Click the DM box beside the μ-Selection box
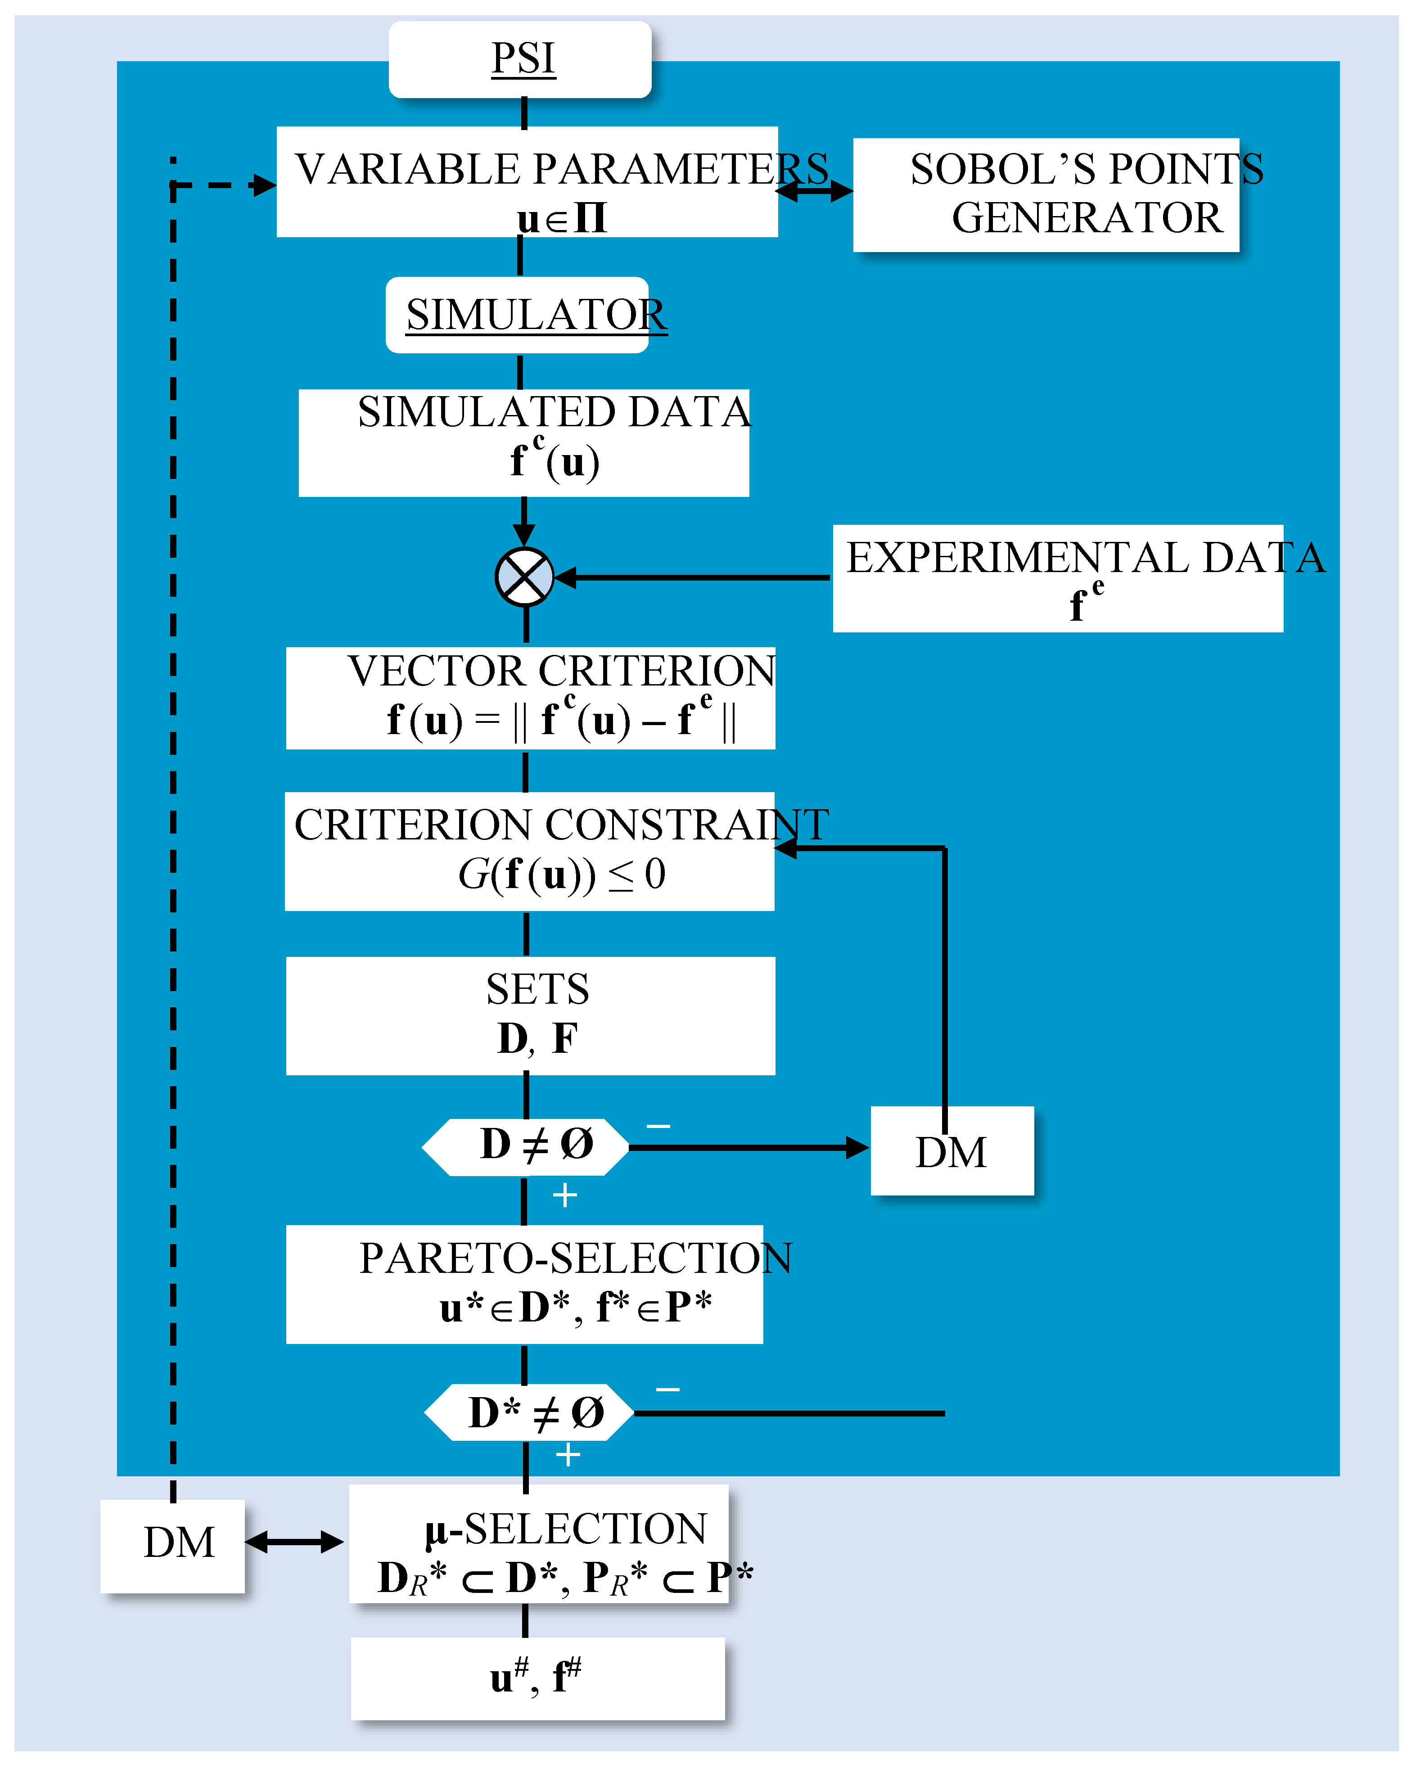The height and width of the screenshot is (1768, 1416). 173,1546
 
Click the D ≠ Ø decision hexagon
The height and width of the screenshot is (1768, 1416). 526,1146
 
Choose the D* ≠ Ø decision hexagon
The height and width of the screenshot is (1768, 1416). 529,1412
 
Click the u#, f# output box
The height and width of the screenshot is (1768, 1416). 537,1678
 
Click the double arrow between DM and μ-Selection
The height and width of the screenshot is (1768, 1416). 293,1542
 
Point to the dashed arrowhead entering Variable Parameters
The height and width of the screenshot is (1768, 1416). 264,185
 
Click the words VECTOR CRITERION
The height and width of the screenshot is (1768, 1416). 561,671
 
